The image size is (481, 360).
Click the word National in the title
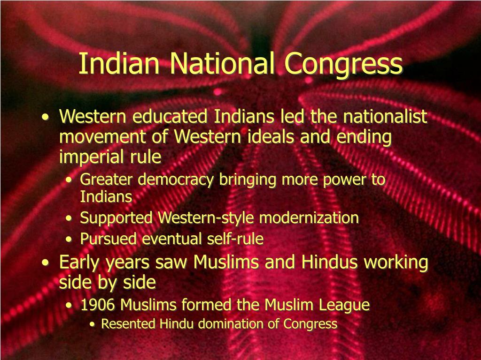222,63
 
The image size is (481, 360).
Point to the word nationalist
385,116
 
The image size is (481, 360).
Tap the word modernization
309,218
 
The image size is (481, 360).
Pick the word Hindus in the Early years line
329,262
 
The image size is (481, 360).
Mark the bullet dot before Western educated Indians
46,117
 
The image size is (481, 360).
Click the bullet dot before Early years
46,263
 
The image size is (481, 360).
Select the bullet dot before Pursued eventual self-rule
69,240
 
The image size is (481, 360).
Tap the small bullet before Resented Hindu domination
92,324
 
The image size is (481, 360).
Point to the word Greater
106,180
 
